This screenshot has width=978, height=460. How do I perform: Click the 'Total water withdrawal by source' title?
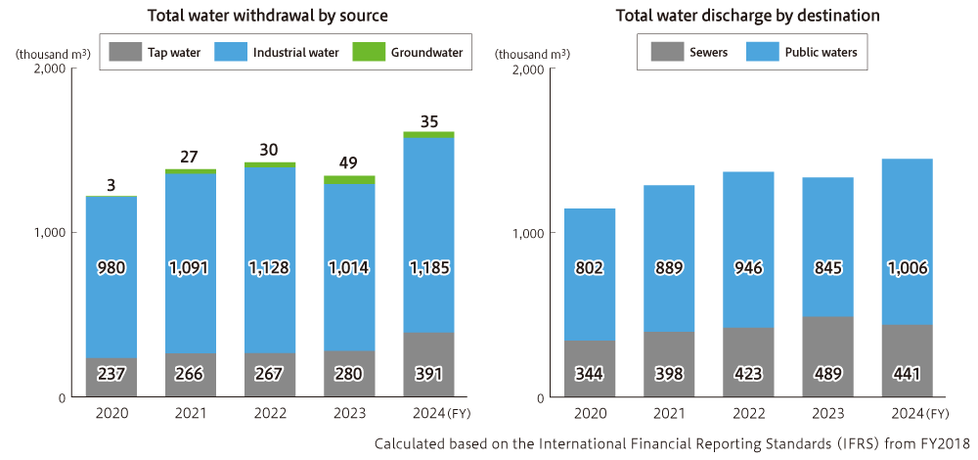(267, 16)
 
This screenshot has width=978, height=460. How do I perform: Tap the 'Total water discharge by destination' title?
(747, 16)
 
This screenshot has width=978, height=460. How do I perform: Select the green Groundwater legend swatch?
(371, 52)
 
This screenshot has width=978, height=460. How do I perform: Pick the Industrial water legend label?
(295, 52)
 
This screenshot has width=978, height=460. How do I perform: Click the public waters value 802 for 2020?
(590, 267)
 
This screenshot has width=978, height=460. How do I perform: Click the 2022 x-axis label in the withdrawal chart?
(270, 414)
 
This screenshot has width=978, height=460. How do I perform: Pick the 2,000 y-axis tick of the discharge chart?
(527, 69)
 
